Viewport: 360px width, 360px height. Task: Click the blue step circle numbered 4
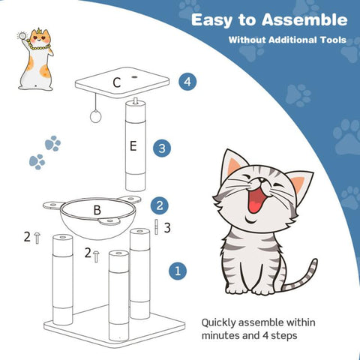pyautogui.click(x=187, y=82)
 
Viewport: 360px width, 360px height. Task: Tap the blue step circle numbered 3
pyautogui.click(x=162, y=148)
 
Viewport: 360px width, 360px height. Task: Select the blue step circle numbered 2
pyautogui.click(x=160, y=205)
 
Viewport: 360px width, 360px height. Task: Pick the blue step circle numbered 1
pyautogui.click(x=178, y=271)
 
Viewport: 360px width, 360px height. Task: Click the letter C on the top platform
pyautogui.click(x=117, y=82)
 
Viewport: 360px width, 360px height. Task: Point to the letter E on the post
pyautogui.click(x=133, y=145)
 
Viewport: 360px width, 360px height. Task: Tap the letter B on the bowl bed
pyautogui.click(x=97, y=210)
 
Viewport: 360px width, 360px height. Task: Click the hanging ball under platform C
pyautogui.click(x=95, y=116)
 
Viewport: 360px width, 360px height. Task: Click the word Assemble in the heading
pyautogui.click(x=304, y=19)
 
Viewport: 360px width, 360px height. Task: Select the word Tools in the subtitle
pyautogui.click(x=332, y=40)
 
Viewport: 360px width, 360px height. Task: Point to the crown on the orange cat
pyautogui.click(x=39, y=31)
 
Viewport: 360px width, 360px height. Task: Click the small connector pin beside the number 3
pyautogui.click(x=156, y=227)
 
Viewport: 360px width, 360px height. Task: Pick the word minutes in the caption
pyautogui.click(x=218, y=335)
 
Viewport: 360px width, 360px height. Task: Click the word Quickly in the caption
pyautogui.click(x=218, y=323)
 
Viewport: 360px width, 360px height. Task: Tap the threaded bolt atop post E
pyautogui.click(x=136, y=100)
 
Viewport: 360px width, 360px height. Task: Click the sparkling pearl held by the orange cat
pyautogui.click(x=22, y=36)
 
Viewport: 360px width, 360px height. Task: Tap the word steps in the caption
pyautogui.click(x=284, y=336)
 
